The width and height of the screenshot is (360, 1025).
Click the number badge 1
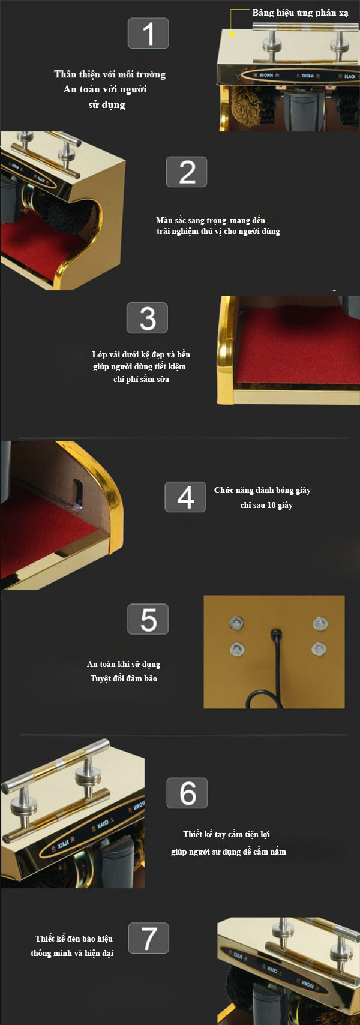[x=148, y=34]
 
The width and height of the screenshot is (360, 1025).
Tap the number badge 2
[x=187, y=172]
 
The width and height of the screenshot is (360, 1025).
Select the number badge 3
[x=148, y=318]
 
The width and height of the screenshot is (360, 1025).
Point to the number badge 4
[x=185, y=497]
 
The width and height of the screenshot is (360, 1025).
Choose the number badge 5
[x=148, y=619]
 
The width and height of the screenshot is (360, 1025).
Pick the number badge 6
[x=187, y=793]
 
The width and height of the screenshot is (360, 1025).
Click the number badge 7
[x=148, y=938]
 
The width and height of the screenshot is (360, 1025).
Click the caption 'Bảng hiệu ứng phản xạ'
[x=300, y=13]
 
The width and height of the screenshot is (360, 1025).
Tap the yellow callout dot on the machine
[x=232, y=34]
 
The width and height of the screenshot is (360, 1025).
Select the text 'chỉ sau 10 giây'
[x=266, y=505]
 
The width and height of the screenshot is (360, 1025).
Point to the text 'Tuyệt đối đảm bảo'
[x=124, y=678]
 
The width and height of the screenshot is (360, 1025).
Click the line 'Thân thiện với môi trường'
[x=110, y=74]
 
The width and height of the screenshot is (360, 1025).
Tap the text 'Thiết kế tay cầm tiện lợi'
[x=226, y=834]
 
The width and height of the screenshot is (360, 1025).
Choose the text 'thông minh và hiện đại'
[x=72, y=952]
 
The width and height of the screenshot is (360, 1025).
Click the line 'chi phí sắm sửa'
[x=141, y=379]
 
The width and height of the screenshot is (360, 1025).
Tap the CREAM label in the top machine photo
[x=307, y=76]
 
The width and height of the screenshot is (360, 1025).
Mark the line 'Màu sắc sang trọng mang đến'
[x=210, y=220]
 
